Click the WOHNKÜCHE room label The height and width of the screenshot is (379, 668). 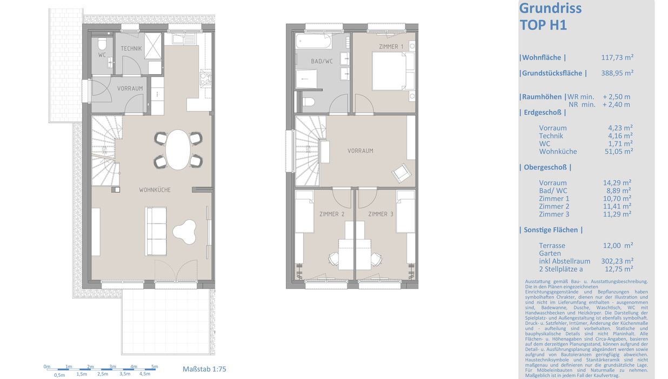pyautogui.click(x=155, y=190)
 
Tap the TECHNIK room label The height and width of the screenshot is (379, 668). pyautogui.click(x=131, y=48)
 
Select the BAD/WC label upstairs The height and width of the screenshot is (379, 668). pyautogui.click(x=322, y=61)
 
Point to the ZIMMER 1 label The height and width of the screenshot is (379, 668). pyautogui.click(x=391, y=47)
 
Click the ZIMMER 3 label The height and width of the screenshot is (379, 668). pyautogui.click(x=380, y=214)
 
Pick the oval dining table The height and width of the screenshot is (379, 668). pyautogui.click(x=178, y=149)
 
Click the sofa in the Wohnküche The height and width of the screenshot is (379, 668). pyautogui.click(x=156, y=232)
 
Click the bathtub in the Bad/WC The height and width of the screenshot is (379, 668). pyautogui.click(x=313, y=41)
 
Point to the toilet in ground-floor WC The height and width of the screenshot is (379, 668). pyautogui.click(x=102, y=44)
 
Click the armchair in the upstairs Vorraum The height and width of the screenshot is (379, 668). pyautogui.click(x=402, y=173)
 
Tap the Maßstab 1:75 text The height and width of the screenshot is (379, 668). pyautogui.click(x=204, y=369)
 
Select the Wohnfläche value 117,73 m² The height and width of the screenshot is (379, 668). pyautogui.click(x=617, y=57)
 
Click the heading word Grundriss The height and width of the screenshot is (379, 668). pyautogui.click(x=551, y=8)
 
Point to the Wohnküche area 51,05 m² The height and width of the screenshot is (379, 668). pyautogui.click(x=619, y=151)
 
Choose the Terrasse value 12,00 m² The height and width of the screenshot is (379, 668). pyautogui.click(x=618, y=245)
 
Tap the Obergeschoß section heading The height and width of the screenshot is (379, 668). pyautogui.click(x=545, y=167)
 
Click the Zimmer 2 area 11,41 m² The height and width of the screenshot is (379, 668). pyautogui.click(x=617, y=206)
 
